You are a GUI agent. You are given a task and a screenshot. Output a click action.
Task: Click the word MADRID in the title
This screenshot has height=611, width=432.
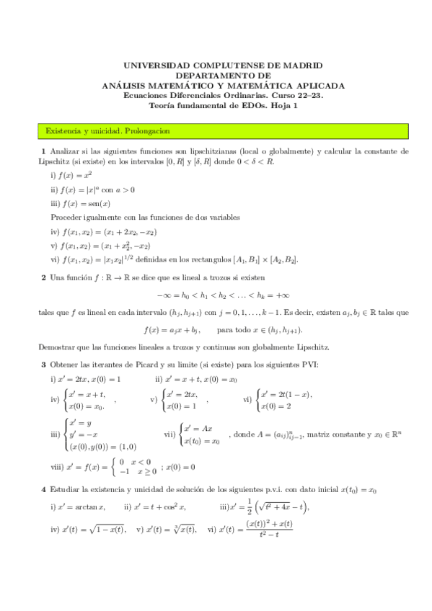301,64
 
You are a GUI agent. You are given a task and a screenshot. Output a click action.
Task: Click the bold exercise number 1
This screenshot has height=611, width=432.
43,151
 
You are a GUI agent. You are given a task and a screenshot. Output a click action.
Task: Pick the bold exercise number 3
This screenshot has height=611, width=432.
43,365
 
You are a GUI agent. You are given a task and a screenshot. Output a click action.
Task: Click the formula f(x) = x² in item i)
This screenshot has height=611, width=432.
78,175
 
